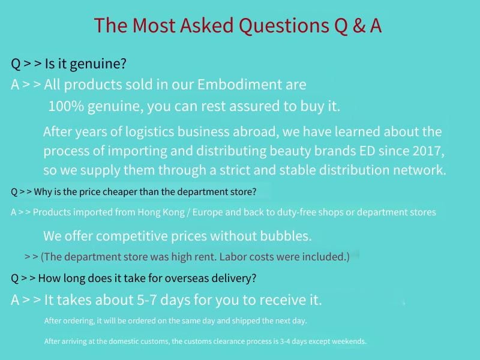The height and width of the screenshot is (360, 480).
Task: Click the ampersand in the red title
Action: [359, 25]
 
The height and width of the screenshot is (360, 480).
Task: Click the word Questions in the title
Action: [284, 26]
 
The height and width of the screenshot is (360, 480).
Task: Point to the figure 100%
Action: [66, 106]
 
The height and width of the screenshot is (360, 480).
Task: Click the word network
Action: [419, 170]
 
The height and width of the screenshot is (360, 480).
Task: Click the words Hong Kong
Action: [161, 212]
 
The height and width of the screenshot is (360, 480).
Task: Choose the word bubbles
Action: [286, 236]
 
